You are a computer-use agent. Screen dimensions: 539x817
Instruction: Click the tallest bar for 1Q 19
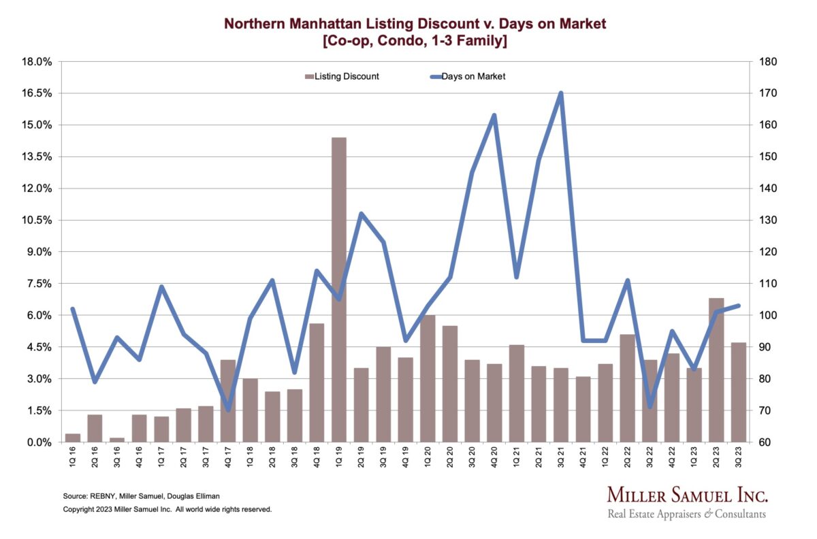(338, 289)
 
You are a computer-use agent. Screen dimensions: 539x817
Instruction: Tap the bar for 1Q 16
(72, 438)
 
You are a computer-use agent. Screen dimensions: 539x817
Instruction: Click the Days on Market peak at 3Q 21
(560, 93)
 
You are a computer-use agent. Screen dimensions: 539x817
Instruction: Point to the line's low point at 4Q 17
(227, 410)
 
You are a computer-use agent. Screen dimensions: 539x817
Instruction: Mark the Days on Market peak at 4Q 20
(494, 115)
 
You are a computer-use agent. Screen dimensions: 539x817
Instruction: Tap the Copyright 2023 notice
(167, 508)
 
